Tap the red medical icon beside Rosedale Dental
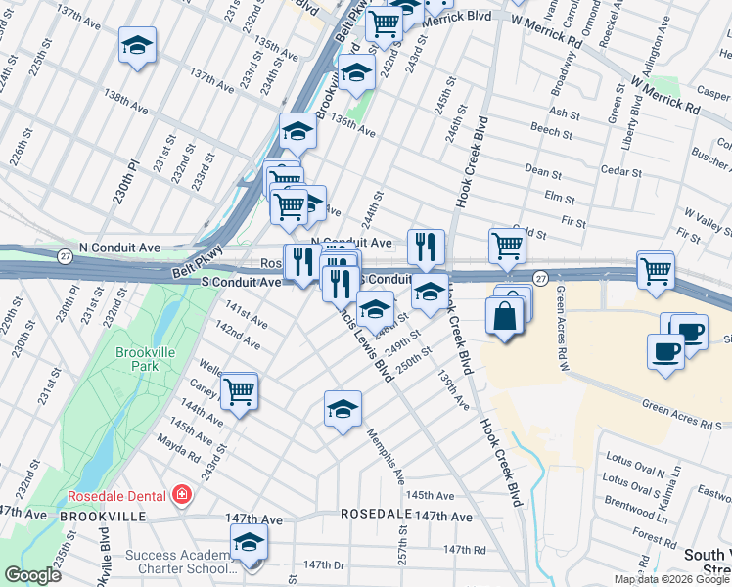click(x=181, y=495)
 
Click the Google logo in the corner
click(x=31, y=575)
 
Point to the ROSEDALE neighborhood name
click(x=374, y=514)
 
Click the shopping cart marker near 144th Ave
click(x=239, y=393)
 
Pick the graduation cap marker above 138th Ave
click(x=137, y=45)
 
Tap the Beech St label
click(x=544, y=129)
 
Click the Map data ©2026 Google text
click(x=670, y=579)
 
